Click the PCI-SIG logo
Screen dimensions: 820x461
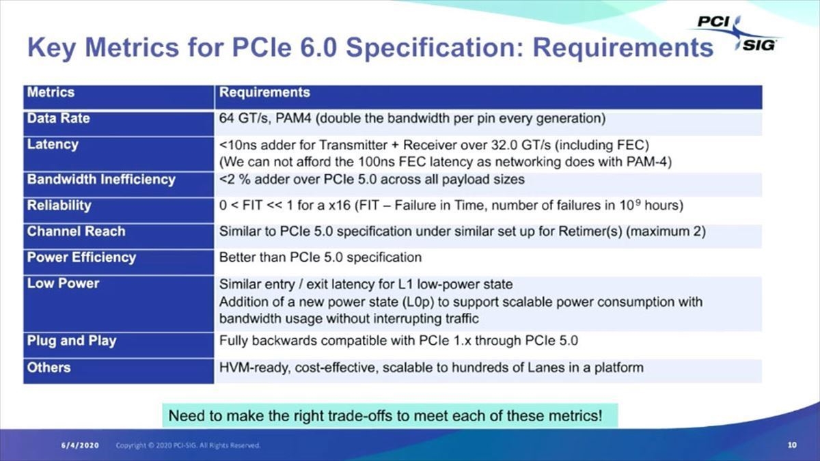pyautogui.click(x=736, y=33)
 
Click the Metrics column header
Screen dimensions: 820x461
pyautogui.click(x=51, y=92)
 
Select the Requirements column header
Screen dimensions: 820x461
pyautogui.click(x=264, y=92)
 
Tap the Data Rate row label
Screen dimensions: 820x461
pyautogui.click(x=59, y=118)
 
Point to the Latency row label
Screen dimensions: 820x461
pyautogui.click(x=53, y=145)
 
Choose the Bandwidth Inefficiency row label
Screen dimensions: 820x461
pyautogui.click(x=101, y=179)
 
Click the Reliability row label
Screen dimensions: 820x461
pyautogui.click(x=59, y=206)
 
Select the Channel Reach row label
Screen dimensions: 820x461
pyautogui.click(x=76, y=232)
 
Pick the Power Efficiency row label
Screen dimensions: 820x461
pyautogui.click(x=81, y=257)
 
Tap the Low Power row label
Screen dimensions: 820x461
pyautogui.click(x=64, y=283)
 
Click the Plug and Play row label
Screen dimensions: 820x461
pyautogui.click(x=72, y=341)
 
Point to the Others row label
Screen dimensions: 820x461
pyautogui.click(x=49, y=367)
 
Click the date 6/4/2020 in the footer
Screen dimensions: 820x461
pyautogui.click(x=80, y=445)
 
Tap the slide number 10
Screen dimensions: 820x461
pyautogui.click(x=792, y=445)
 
